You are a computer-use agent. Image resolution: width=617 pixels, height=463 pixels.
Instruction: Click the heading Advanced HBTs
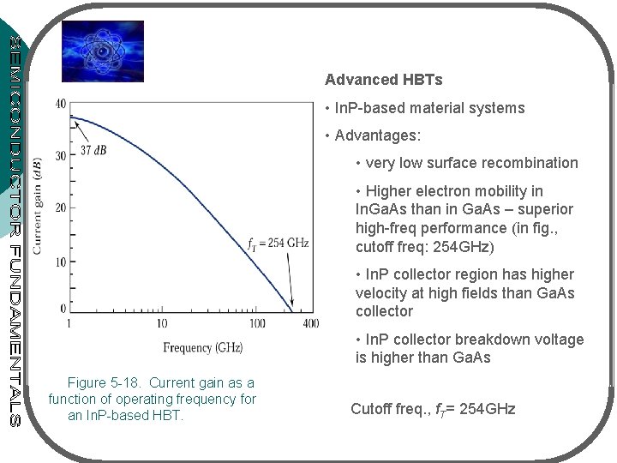pyautogui.click(x=383, y=80)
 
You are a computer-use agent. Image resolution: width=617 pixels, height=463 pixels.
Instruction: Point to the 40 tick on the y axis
pyautogui.click(x=59, y=104)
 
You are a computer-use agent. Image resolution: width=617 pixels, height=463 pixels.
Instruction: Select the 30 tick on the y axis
pyautogui.click(x=59, y=156)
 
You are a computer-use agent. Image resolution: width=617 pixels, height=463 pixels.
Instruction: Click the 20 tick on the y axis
pyautogui.click(x=59, y=208)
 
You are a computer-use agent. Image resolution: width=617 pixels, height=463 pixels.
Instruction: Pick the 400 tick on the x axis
pyautogui.click(x=309, y=324)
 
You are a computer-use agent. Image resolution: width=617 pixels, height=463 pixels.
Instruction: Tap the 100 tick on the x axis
pyautogui.click(x=258, y=324)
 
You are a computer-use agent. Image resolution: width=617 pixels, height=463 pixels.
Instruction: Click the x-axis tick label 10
pyautogui.click(x=163, y=324)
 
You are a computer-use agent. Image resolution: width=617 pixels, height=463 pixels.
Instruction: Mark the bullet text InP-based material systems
pyautogui.click(x=429, y=108)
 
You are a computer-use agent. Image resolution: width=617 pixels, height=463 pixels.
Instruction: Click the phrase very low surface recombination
pyautogui.click(x=471, y=163)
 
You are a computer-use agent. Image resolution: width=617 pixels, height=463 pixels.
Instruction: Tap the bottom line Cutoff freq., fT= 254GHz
pyautogui.click(x=433, y=409)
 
